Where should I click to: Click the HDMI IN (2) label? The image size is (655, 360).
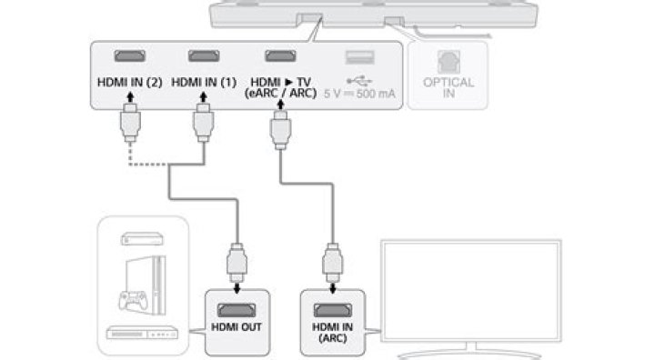click(x=129, y=83)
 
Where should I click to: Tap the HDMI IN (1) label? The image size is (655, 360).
click(x=204, y=83)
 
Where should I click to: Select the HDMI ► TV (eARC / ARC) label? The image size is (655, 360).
click(x=281, y=87)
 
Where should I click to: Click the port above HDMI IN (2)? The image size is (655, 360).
click(x=130, y=56)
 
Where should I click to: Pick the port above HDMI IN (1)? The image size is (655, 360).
click(x=204, y=56)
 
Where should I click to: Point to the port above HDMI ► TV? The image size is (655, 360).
click(x=280, y=56)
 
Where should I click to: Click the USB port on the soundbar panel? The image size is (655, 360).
click(x=359, y=57)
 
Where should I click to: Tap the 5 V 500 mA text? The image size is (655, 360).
click(x=359, y=94)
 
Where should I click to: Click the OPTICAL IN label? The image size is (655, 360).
click(x=448, y=87)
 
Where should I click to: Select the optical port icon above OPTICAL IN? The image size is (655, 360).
click(x=448, y=62)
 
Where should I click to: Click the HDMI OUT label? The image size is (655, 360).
click(x=237, y=327)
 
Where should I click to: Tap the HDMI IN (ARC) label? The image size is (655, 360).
click(x=333, y=333)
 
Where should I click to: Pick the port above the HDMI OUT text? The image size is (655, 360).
click(x=237, y=310)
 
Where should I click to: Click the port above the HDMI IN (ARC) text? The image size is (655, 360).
click(x=333, y=310)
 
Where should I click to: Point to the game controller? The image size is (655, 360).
click(x=133, y=300)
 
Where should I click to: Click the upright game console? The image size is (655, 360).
click(x=146, y=285)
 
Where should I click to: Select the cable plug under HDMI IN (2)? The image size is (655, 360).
click(x=130, y=123)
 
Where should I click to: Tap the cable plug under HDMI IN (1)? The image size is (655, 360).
click(x=204, y=123)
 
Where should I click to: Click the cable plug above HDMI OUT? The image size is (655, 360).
click(x=237, y=263)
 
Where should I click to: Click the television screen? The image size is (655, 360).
click(x=471, y=290)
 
